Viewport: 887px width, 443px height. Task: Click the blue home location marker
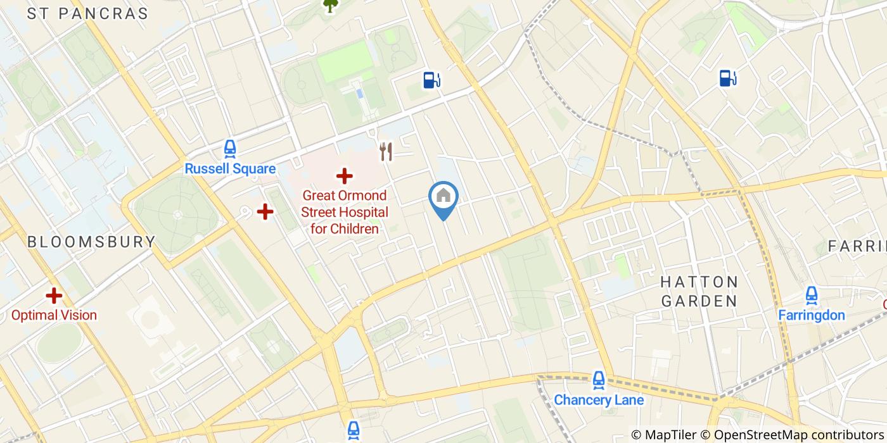click(x=443, y=197)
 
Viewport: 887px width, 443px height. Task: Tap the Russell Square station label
click(x=230, y=169)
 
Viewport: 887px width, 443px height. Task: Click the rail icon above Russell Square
click(x=230, y=149)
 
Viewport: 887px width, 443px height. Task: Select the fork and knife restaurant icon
click(x=386, y=151)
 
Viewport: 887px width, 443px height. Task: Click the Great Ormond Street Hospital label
click(x=344, y=212)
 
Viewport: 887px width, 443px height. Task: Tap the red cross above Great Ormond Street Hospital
click(x=344, y=176)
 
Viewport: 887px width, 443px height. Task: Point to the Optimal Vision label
click(x=54, y=315)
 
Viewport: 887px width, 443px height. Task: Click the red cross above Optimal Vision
click(x=54, y=295)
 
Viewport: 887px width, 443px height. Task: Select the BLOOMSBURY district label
click(x=91, y=242)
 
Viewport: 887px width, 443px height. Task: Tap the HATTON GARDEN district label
click(x=699, y=291)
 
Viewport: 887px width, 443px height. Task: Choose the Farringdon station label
click(x=811, y=315)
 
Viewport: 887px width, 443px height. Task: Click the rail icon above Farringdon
click(x=811, y=295)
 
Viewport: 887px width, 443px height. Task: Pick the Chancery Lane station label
click(x=599, y=400)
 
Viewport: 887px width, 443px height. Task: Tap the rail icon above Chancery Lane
click(x=599, y=380)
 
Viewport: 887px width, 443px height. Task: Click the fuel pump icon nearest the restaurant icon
click(x=431, y=80)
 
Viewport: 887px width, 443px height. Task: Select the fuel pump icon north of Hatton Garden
click(x=727, y=78)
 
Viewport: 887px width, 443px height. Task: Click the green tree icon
click(x=330, y=5)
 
